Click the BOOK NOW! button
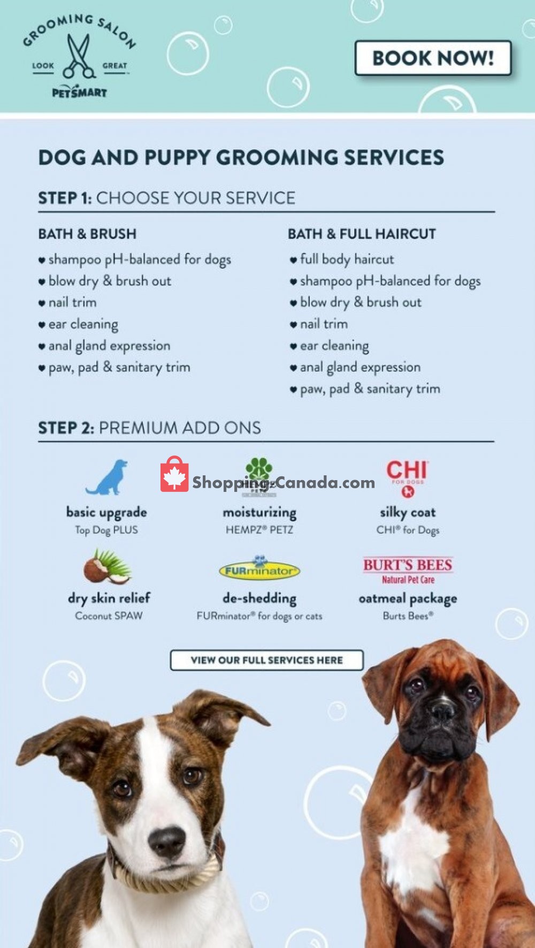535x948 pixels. click(433, 58)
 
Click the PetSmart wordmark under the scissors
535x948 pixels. click(79, 93)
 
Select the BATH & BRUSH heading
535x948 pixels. click(87, 234)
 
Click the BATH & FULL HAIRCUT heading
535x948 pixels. click(362, 234)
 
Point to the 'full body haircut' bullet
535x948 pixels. click(346, 259)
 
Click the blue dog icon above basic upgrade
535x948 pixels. click(108, 477)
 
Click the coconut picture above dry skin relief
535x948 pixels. click(108, 567)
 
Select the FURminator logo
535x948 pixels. click(259, 569)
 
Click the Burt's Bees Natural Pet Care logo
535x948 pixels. click(408, 570)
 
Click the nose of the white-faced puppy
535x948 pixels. click(167, 840)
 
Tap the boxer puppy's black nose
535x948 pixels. click(442, 709)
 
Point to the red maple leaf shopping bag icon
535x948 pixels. click(174, 475)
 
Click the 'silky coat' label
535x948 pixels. click(408, 512)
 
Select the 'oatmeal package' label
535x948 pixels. click(408, 598)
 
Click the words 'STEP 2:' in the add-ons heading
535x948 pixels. click(66, 428)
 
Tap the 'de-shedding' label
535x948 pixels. click(259, 598)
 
